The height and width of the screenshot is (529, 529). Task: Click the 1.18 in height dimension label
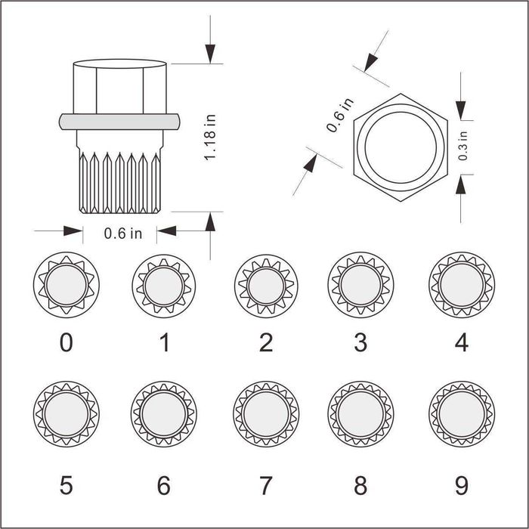click(x=209, y=138)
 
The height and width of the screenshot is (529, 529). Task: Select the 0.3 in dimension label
click(x=463, y=146)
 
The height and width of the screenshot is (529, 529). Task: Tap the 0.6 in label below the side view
click(x=122, y=234)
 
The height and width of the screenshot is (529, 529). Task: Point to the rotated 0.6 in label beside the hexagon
click(x=340, y=115)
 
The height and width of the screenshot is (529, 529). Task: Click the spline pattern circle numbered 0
click(x=67, y=285)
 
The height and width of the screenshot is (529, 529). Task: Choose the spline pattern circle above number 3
click(x=360, y=285)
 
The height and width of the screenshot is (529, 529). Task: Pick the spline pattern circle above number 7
click(x=266, y=414)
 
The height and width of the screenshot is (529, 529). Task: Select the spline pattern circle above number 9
click(x=462, y=414)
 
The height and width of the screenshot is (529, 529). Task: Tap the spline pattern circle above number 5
click(x=67, y=414)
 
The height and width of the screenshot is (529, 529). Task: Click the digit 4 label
click(x=462, y=342)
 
